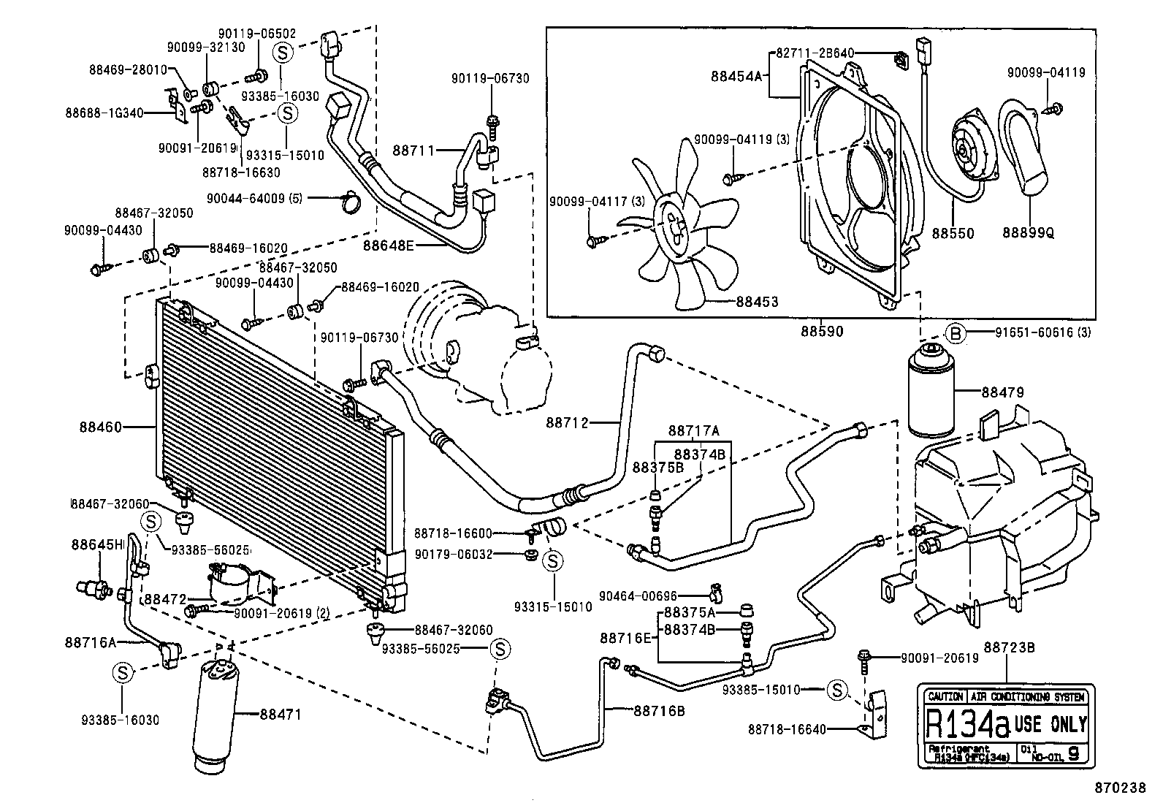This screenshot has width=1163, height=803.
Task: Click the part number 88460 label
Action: click(x=100, y=427)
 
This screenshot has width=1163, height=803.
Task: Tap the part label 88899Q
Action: click(x=1028, y=233)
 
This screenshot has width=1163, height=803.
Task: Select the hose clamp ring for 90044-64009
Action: click(x=351, y=201)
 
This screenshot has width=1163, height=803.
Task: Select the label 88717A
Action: click(x=693, y=430)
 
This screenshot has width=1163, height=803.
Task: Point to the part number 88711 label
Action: click(x=413, y=151)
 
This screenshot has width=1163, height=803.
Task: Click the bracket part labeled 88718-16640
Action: click(x=877, y=712)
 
